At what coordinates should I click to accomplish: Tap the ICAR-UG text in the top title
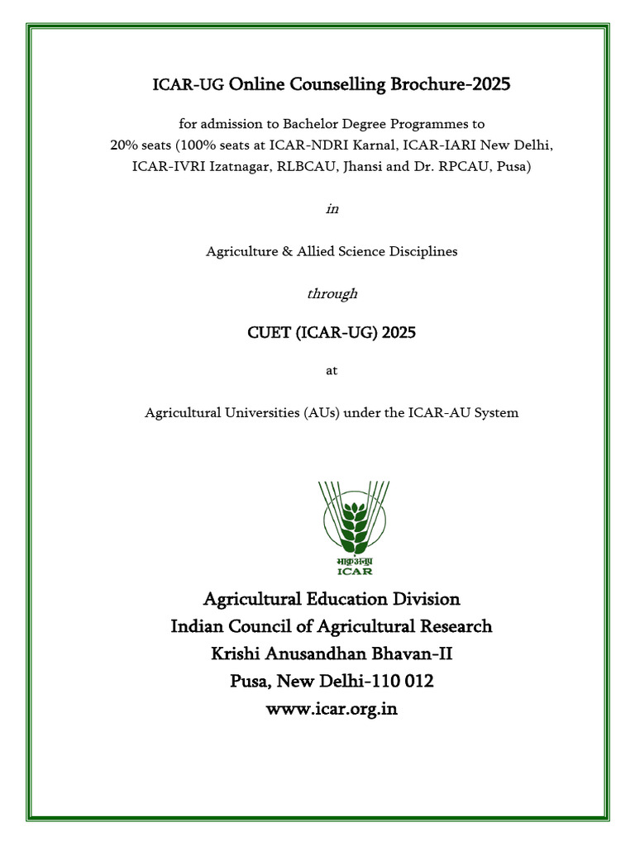[189, 85]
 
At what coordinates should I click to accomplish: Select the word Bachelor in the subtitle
[311, 125]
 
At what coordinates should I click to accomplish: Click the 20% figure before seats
[125, 145]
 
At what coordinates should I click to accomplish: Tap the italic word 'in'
[332, 209]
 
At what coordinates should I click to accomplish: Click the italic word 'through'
[332, 292]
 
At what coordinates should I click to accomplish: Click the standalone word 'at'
[332, 372]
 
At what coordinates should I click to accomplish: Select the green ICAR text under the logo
[355, 570]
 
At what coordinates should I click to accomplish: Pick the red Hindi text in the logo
[355, 559]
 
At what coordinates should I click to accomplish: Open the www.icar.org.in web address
[331, 710]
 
